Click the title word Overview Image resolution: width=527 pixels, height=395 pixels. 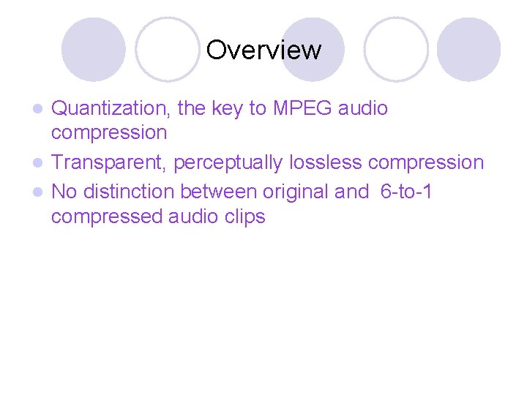pyautogui.click(x=263, y=50)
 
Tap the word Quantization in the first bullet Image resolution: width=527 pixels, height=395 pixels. pyautogui.click(x=111, y=108)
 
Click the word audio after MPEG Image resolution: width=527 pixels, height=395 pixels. pyautogui.click(x=363, y=108)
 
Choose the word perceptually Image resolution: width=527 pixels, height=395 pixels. pyautogui.click(x=228, y=162)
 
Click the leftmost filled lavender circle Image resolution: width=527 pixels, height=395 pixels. pyautogui.click(x=93, y=50)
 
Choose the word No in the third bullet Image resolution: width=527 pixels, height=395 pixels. pyautogui.click(x=64, y=192)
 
